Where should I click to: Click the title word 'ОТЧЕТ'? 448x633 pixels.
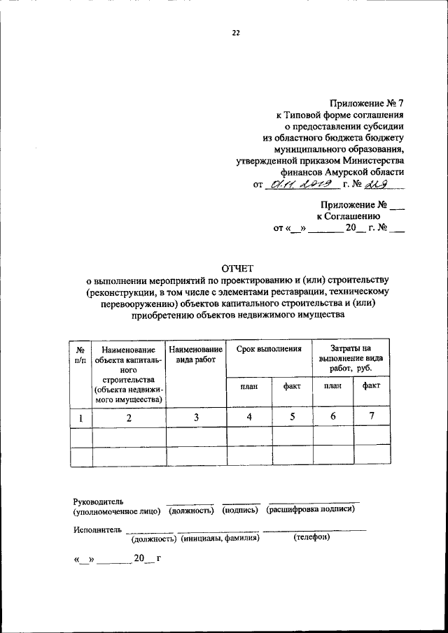coord(237,268)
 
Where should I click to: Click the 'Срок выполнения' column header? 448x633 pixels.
coord(269,348)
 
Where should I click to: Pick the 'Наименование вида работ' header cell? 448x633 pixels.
coord(196,354)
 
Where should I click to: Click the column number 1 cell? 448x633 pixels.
coord(81,418)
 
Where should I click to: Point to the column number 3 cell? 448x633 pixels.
coord(196,418)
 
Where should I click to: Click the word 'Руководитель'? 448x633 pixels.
coord(98,501)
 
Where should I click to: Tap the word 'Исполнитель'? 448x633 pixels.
coord(97,529)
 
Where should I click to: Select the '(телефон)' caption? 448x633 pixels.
coord(311,538)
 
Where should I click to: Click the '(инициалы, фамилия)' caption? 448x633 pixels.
coord(219,539)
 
